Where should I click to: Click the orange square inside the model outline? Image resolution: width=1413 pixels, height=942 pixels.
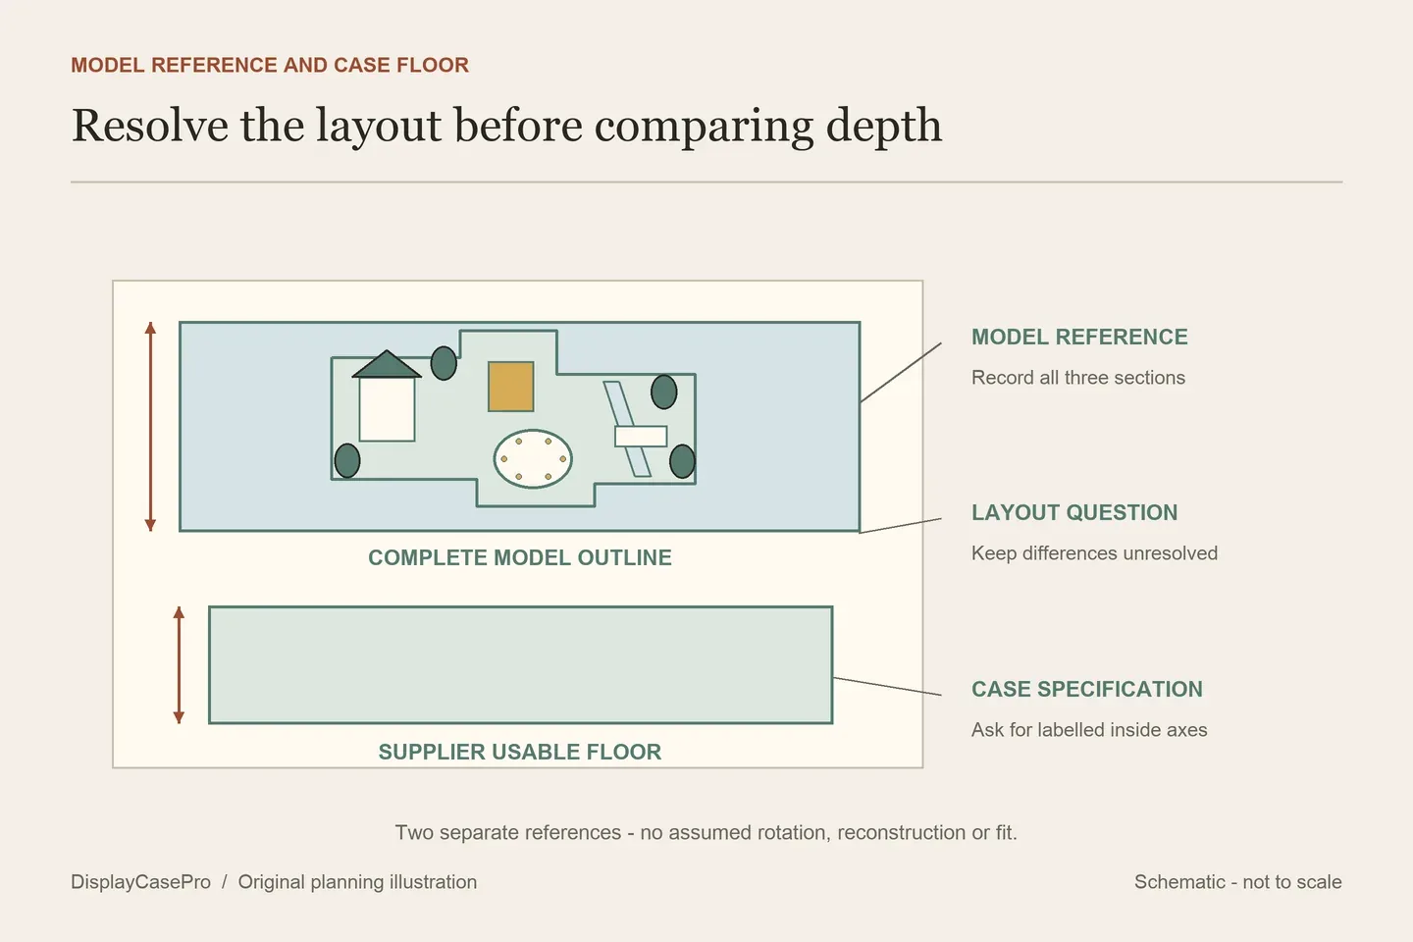click(x=511, y=387)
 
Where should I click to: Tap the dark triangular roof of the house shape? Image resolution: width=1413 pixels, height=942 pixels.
click(x=386, y=365)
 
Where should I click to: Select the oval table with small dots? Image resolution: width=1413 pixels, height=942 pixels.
click(x=533, y=458)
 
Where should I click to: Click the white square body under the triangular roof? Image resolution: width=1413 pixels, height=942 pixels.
click(x=387, y=409)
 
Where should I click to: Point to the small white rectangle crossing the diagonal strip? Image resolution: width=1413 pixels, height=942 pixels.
click(x=641, y=436)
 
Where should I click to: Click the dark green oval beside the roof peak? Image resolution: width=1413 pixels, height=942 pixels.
click(x=444, y=363)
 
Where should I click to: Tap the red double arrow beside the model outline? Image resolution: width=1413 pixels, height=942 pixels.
click(x=150, y=427)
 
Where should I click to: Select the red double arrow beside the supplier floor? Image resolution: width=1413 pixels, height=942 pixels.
click(x=180, y=665)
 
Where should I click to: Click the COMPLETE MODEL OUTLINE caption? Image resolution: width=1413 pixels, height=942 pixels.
click(x=520, y=557)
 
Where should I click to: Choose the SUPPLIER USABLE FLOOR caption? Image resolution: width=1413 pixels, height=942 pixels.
click(x=520, y=752)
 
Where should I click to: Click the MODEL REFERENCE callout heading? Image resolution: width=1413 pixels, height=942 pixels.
click(x=1079, y=337)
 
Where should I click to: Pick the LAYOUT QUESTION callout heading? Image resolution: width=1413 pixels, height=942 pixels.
click(x=1074, y=512)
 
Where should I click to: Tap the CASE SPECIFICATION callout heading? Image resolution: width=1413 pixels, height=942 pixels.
click(x=1087, y=689)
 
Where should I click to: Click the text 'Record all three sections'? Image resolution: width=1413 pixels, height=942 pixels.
click(x=1078, y=378)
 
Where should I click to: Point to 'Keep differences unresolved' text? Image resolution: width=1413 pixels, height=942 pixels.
click(x=1094, y=552)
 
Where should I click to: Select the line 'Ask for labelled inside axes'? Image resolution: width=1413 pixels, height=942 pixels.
click(x=1089, y=729)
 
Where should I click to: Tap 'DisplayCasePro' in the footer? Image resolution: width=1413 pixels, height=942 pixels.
click(x=140, y=881)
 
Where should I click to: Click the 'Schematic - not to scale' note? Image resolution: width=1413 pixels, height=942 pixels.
click(x=1237, y=881)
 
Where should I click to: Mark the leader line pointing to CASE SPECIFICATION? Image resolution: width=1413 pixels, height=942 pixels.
click(x=887, y=687)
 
